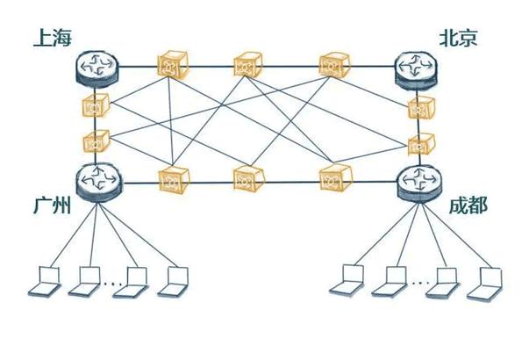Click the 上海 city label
[53, 38]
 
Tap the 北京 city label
[458, 38]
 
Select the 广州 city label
[53, 205]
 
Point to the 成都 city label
[468, 205]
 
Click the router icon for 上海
[97, 68]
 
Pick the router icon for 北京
[417, 71]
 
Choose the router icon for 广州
[98, 183]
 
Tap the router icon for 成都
[419, 184]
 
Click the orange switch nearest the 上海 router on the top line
[173, 65]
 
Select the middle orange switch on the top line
[248, 65]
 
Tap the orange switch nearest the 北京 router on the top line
[334, 65]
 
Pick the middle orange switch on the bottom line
[249, 178]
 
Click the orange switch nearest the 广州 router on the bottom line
[174, 180]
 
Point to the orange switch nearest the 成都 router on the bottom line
[335, 178]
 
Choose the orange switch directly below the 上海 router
[96, 105]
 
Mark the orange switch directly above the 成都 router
[421, 144]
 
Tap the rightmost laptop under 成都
[484, 284]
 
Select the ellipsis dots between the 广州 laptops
[113, 284]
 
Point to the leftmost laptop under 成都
[347, 281]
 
